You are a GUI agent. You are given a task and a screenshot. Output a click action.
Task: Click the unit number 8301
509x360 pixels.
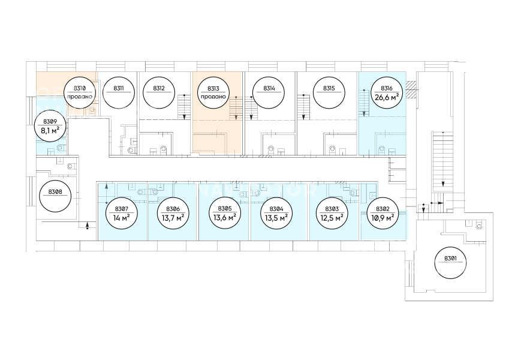(450, 259)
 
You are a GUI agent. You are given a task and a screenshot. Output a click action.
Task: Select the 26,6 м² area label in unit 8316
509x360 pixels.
(387, 97)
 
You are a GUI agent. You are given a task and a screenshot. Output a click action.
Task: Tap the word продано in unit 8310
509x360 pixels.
(80, 97)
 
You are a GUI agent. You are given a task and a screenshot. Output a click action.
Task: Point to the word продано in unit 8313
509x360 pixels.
(213, 97)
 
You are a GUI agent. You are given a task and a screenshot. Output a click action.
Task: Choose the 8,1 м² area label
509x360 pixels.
(50, 131)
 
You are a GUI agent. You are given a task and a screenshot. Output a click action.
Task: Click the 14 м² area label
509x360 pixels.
(122, 218)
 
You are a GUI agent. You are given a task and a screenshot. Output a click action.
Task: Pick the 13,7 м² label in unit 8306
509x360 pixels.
(172, 218)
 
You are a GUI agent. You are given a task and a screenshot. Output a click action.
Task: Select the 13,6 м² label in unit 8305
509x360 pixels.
(224, 217)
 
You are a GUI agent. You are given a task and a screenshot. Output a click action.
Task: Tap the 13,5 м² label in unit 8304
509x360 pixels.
(276, 217)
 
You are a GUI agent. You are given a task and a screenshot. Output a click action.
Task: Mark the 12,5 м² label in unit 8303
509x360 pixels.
(332, 218)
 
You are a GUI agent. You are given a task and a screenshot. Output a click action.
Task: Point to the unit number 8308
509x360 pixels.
(55, 191)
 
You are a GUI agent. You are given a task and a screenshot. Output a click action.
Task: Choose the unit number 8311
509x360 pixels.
(119, 88)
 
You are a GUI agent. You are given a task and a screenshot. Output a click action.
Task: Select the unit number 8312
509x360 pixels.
(159, 88)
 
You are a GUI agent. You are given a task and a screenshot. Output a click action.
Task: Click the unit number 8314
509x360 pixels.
(269, 88)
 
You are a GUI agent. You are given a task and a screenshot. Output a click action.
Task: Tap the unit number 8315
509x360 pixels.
(329, 88)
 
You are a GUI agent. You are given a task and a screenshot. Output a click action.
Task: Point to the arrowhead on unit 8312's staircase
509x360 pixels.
(184, 116)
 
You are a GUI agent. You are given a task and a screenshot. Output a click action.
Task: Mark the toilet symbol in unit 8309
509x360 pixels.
(60, 148)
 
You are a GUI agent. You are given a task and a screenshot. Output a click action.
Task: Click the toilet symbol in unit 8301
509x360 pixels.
(480, 226)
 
